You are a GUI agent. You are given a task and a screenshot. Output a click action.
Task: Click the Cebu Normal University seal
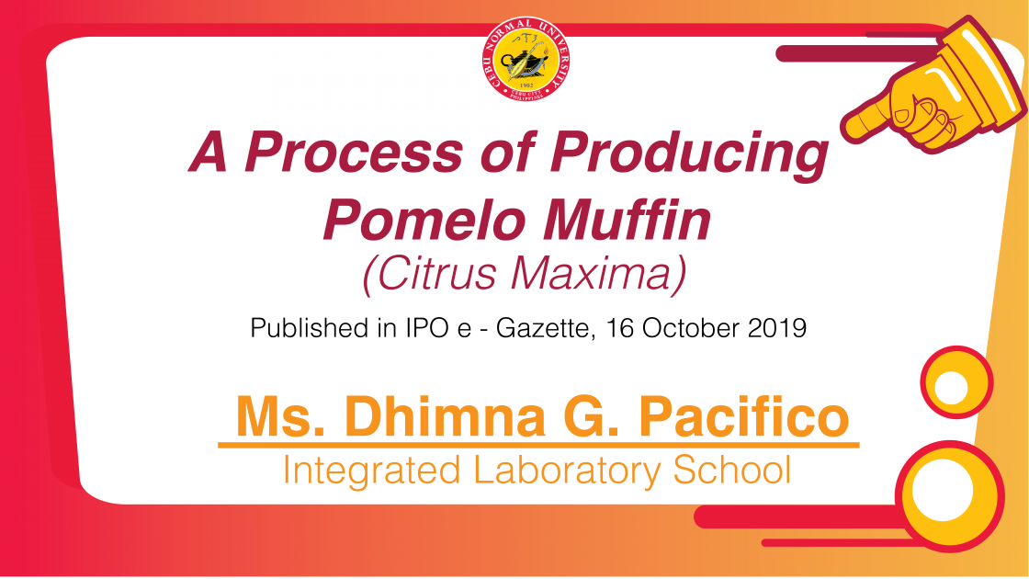click(525, 59)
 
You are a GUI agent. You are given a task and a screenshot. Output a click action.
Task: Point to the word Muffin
click(627, 220)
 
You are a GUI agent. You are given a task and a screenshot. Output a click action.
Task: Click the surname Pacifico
click(744, 416)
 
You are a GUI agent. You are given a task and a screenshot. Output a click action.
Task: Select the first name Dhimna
click(445, 416)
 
